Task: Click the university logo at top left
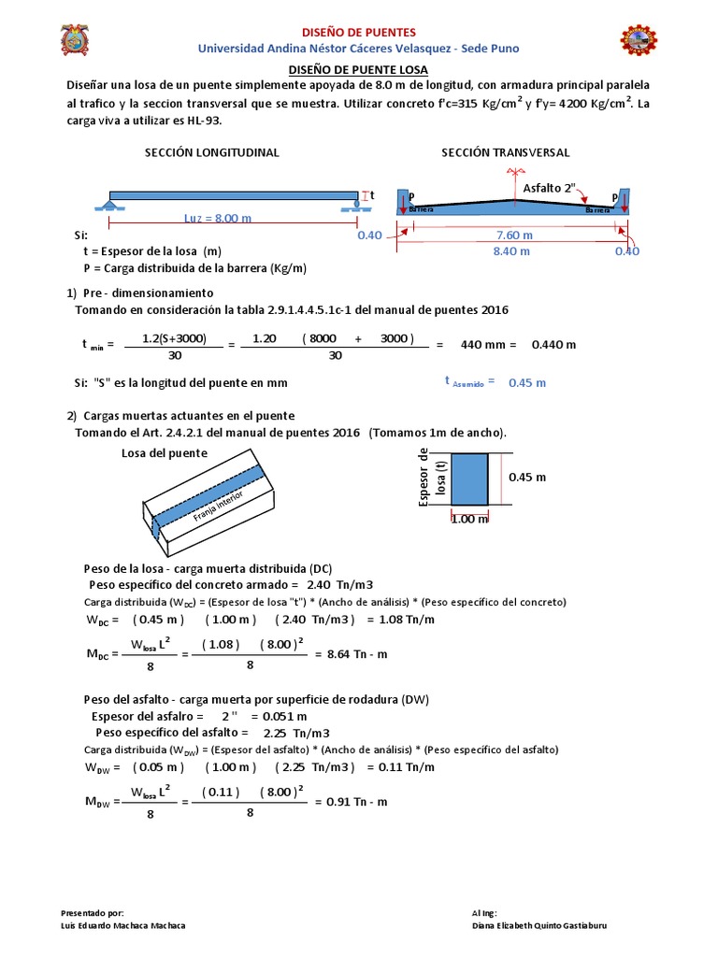pyautogui.click(x=77, y=40)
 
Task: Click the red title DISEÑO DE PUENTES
pyautogui.click(x=358, y=33)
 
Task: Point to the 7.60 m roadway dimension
pyautogui.click(x=514, y=235)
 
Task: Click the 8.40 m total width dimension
pyautogui.click(x=511, y=250)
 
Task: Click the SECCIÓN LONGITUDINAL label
pyautogui.click(x=212, y=152)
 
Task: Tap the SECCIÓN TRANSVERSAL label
pyautogui.click(x=505, y=152)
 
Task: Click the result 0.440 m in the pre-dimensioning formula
pyautogui.click(x=553, y=344)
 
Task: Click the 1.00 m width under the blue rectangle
pyautogui.click(x=469, y=519)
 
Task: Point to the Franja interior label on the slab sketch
pyautogui.click(x=217, y=507)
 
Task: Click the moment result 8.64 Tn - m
pyautogui.click(x=351, y=654)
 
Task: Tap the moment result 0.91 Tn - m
pyautogui.click(x=351, y=802)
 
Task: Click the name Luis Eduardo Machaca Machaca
pyautogui.click(x=122, y=925)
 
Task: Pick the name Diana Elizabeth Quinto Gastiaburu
pyautogui.click(x=553, y=925)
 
